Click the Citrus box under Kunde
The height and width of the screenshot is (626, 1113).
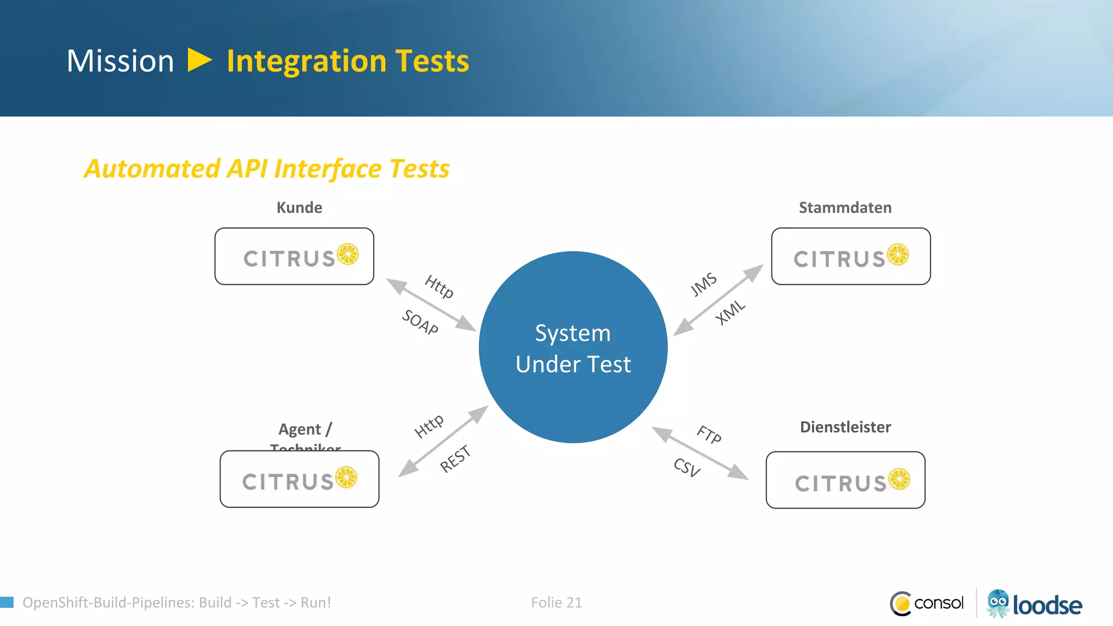tap(294, 256)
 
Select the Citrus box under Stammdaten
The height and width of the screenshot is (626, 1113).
tap(851, 256)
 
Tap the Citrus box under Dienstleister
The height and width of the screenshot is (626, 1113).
tap(845, 480)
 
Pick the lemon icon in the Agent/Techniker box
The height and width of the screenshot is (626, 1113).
tap(346, 478)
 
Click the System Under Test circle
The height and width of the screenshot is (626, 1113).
tap(573, 348)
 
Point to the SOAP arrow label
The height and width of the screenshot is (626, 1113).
tap(420, 322)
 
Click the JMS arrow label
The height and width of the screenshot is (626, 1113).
tap(704, 285)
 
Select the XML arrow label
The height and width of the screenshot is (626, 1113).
tap(730, 312)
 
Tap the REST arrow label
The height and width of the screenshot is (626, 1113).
tap(455, 459)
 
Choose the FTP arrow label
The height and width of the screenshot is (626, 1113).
tap(709, 435)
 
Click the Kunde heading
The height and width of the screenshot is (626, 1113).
tap(299, 208)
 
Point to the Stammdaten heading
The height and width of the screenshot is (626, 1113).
tap(845, 208)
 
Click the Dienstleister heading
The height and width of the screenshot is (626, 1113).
tap(845, 427)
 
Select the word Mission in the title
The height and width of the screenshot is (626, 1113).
tap(120, 61)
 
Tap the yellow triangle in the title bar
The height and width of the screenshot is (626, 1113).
tap(199, 60)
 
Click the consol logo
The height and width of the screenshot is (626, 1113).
tap(927, 603)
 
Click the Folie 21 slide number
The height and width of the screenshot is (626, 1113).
tap(556, 603)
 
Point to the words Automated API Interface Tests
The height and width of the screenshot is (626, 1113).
tap(267, 168)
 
